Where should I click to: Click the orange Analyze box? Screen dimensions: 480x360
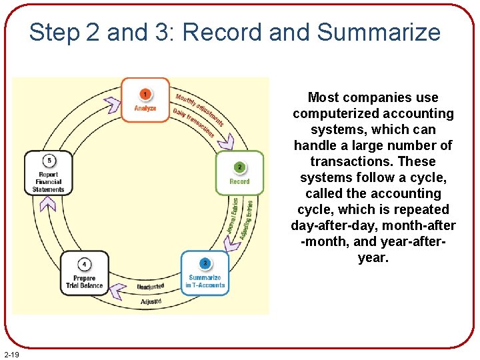click(145, 100)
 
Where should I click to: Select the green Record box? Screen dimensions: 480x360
click(239, 173)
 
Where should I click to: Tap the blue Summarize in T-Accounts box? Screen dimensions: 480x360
click(205, 273)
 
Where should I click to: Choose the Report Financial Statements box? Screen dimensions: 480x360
click(48, 173)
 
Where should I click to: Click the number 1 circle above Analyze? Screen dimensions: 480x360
click(145, 94)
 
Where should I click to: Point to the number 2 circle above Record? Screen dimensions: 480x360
click(239, 166)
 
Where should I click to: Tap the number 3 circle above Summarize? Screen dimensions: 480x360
click(205, 263)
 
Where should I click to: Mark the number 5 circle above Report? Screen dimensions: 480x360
click(48, 160)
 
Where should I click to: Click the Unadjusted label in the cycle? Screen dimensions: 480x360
click(151, 287)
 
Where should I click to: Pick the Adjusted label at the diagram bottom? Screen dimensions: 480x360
click(151, 302)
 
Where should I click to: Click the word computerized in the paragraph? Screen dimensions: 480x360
click(333, 113)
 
